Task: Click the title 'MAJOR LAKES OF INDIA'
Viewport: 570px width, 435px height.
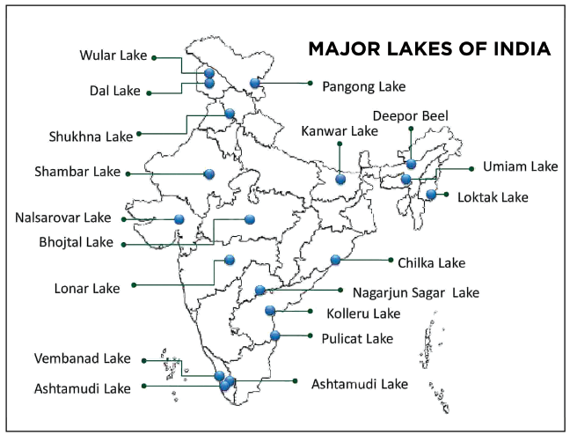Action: pyautogui.click(x=429, y=48)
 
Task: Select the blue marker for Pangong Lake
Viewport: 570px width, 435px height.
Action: pyautogui.click(x=255, y=83)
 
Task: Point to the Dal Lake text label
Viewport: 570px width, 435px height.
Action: pyautogui.click(x=116, y=90)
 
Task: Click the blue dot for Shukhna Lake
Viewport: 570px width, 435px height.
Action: pyautogui.click(x=230, y=114)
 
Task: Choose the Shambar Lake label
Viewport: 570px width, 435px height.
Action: pyautogui.click(x=78, y=172)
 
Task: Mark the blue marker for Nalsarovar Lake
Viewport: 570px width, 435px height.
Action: pyautogui.click(x=179, y=219)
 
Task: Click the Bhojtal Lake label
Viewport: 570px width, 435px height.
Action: pyautogui.click(x=77, y=243)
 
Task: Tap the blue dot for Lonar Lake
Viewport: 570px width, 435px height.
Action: pyautogui.click(x=230, y=260)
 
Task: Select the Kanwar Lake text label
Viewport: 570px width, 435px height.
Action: pyautogui.click(x=340, y=131)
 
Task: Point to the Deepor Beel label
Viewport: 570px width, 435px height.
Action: pyautogui.click(x=410, y=116)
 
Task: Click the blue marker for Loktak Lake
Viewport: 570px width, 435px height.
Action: pyautogui.click(x=431, y=195)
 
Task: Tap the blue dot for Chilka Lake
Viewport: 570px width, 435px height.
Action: pyautogui.click(x=335, y=260)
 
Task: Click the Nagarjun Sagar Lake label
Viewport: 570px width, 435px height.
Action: pyautogui.click(x=416, y=291)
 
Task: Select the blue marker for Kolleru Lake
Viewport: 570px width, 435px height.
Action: pyautogui.click(x=270, y=310)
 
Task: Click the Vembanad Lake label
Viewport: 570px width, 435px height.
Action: pyautogui.click(x=82, y=358)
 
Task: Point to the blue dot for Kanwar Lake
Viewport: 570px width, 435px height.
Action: pyautogui.click(x=340, y=179)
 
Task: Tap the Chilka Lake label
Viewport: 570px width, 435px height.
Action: pyautogui.click(x=431, y=262)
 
